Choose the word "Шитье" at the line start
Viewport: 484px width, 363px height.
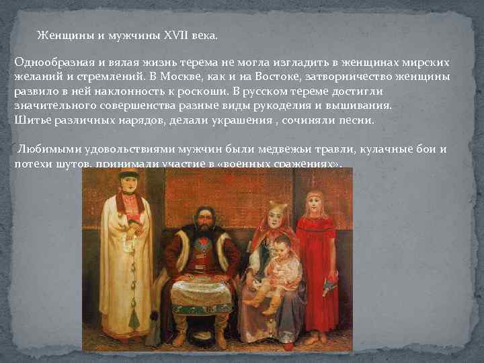pyautogui.click(x=30, y=120)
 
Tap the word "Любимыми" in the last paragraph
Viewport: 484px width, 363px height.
pyautogui.click(x=45, y=149)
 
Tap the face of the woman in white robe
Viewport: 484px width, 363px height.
pyautogui.click(x=126, y=183)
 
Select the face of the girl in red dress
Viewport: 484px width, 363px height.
pyautogui.click(x=313, y=205)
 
